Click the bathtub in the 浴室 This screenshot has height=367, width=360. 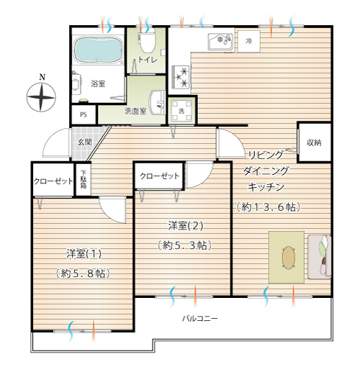point(98,50)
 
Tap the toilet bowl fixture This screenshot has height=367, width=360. point(148,42)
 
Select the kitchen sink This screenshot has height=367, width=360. point(220,41)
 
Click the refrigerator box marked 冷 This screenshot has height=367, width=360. point(249,41)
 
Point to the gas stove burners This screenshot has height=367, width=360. point(181,77)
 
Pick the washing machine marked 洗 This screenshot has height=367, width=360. point(181,111)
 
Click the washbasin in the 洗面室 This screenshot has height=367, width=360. point(157,103)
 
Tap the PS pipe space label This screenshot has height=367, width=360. point(84,114)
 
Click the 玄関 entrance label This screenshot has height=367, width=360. point(84,142)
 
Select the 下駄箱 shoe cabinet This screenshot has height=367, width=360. point(84,179)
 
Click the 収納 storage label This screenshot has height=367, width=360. point(314,142)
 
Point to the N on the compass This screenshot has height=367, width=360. point(42,77)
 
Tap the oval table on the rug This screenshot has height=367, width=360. point(288,258)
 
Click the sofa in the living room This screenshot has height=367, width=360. point(319,257)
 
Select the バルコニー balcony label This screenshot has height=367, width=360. point(200,319)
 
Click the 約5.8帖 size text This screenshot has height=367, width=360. point(83,273)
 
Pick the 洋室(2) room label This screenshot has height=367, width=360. point(186,226)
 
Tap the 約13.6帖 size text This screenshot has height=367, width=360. point(269,207)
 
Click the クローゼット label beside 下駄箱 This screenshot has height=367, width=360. point(53,181)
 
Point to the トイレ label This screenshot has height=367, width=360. point(148,60)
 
